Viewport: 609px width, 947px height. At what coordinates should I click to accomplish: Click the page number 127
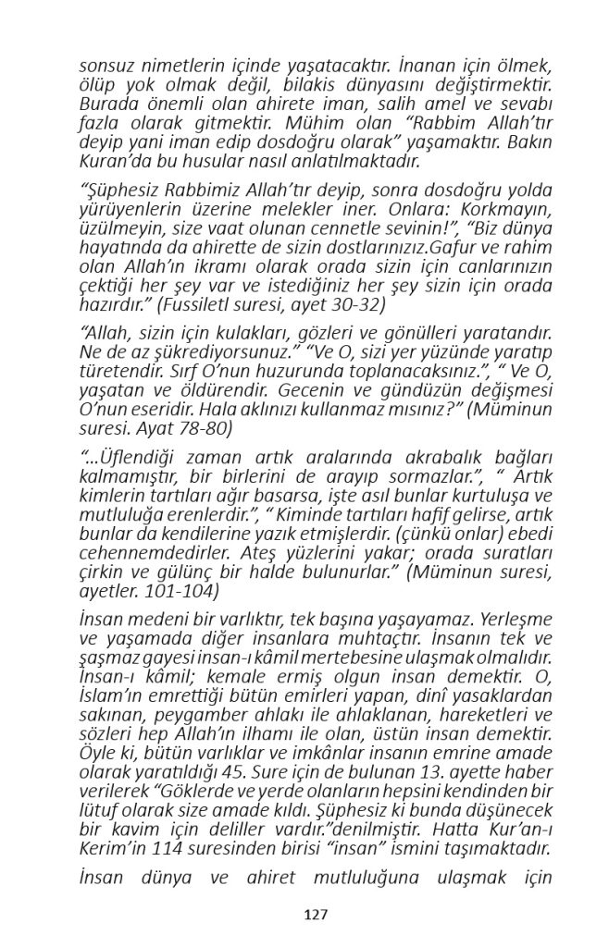[317, 915]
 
